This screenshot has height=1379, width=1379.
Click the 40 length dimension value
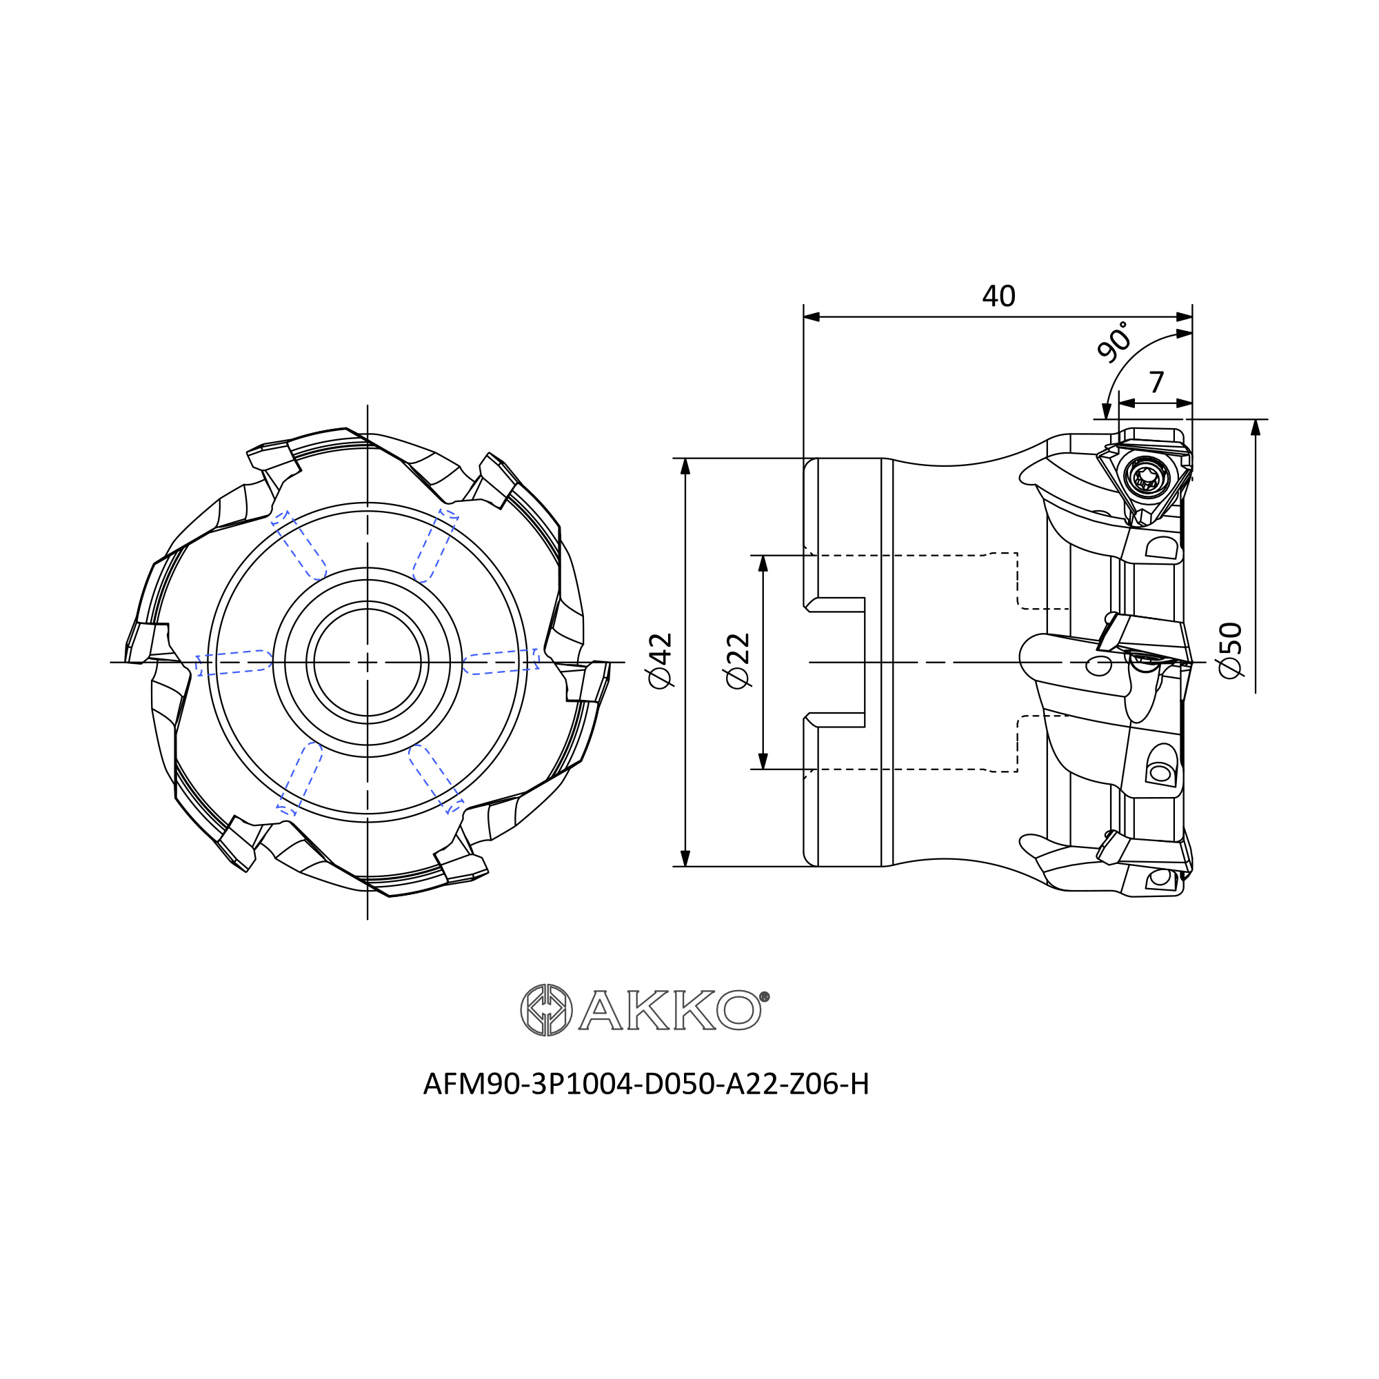coord(998,296)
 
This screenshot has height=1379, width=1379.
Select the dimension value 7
coord(1157,383)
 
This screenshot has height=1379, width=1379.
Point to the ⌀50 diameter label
coord(1231,650)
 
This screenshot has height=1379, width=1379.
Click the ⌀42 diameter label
coord(661,661)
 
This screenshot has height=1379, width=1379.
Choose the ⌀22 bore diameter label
coord(738,661)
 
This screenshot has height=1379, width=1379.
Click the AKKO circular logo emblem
coord(546,1010)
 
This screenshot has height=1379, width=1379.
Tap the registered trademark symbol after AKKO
coord(765,997)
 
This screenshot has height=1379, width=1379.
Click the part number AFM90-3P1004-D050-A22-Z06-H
coord(646,1084)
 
